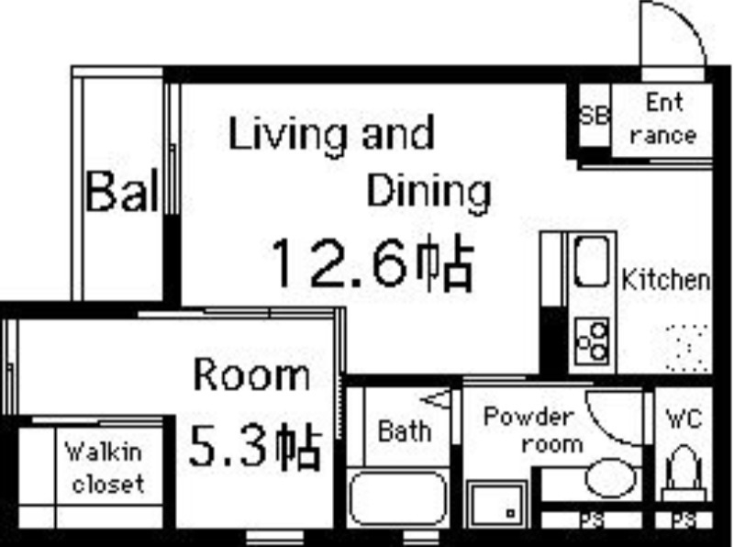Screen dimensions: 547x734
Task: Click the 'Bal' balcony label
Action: tap(122, 193)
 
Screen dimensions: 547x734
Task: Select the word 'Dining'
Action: tap(428, 192)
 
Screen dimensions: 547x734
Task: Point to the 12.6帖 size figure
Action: tap(371, 263)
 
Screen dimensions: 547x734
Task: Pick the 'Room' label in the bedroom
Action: tap(250, 375)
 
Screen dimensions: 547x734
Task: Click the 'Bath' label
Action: tap(404, 430)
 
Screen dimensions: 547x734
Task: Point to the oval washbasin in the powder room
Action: tap(610, 478)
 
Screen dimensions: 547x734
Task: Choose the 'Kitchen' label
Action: tap(666, 280)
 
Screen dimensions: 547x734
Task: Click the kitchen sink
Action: tap(592, 261)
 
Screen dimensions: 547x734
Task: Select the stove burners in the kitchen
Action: tap(592, 340)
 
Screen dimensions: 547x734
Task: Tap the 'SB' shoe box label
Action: tap(594, 117)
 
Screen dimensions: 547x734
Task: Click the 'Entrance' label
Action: tap(663, 118)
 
